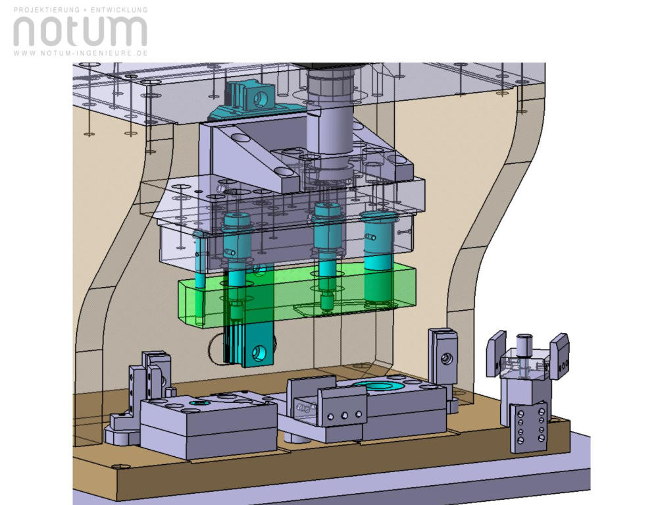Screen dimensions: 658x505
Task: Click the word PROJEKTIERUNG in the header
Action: (47, 9)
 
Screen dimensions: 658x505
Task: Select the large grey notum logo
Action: (80, 31)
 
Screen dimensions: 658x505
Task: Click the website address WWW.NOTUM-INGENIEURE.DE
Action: (80, 53)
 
